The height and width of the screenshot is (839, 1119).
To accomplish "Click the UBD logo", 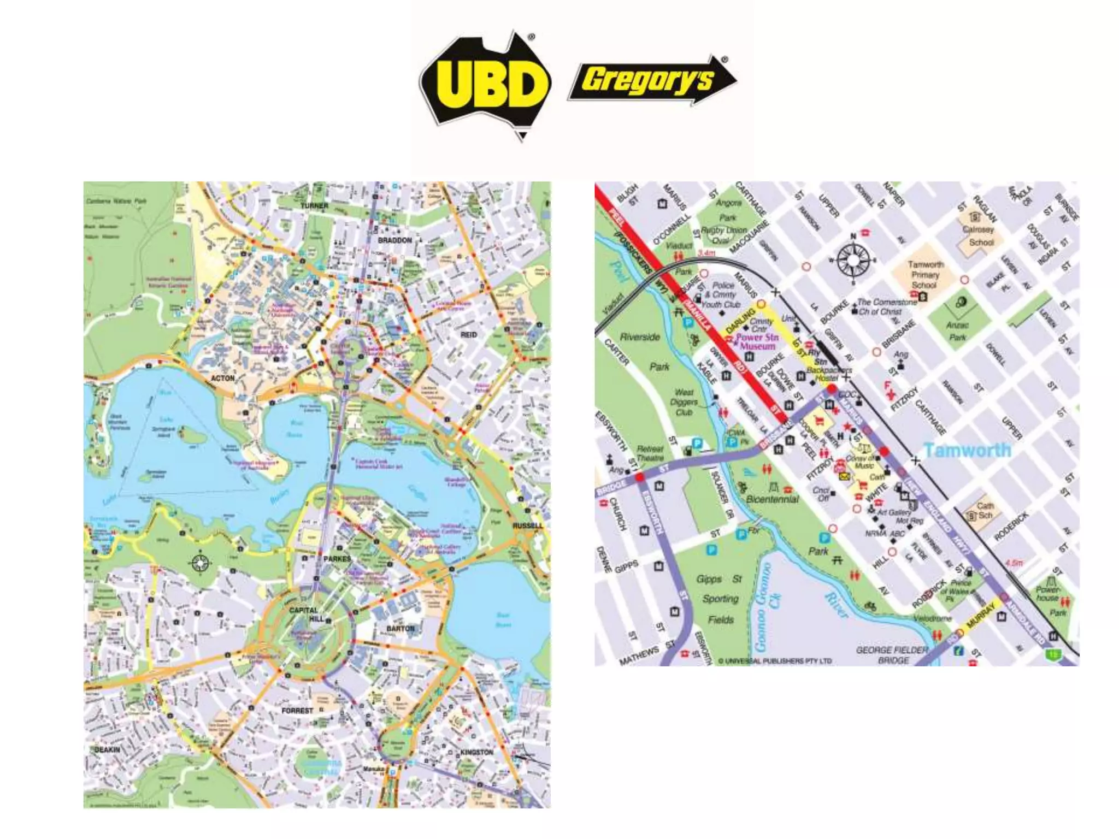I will (x=486, y=85).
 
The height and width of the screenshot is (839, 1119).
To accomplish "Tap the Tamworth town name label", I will (x=967, y=450).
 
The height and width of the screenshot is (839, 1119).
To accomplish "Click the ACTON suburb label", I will (x=222, y=378).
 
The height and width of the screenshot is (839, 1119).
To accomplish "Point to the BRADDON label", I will (x=395, y=240).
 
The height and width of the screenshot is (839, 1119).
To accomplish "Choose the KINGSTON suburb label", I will (x=476, y=752).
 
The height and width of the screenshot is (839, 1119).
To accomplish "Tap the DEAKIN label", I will (x=107, y=749).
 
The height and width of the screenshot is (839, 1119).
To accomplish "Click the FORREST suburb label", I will (x=297, y=711).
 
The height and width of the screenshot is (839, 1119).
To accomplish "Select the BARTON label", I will (x=401, y=629).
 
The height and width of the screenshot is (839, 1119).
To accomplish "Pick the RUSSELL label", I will (x=528, y=525).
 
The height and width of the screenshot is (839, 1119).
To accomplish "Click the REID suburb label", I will (x=469, y=334).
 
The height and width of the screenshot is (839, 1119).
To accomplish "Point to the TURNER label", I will (x=314, y=206).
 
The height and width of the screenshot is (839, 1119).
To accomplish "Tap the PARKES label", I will (x=337, y=559).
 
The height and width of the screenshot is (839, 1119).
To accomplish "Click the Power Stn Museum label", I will (x=757, y=342).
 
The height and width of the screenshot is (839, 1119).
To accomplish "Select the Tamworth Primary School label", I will (x=924, y=275).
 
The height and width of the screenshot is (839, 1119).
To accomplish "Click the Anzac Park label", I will (x=957, y=332).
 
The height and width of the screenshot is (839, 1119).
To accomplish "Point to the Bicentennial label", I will (x=772, y=499).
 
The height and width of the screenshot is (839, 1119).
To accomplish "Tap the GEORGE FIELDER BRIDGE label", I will (x=892, y=655).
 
